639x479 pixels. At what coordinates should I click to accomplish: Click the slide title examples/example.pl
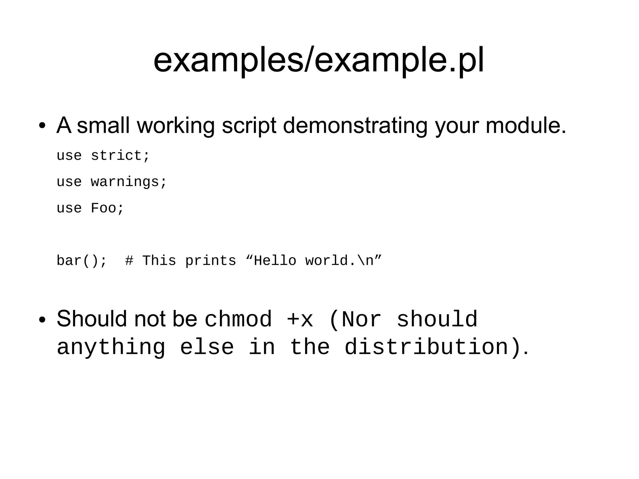pos(319,60)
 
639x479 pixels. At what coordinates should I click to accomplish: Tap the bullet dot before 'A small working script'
pos(42,126)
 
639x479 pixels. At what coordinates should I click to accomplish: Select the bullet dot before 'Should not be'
pos(42,320)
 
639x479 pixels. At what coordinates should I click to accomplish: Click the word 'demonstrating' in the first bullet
pos(355,125)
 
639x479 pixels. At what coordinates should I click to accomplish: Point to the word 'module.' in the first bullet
pos(526,125)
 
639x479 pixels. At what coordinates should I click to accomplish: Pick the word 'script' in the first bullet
pos(249,125)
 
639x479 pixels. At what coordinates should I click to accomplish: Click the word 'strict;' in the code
pos(120,155)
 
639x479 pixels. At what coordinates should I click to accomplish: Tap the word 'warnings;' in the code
pos(129,182)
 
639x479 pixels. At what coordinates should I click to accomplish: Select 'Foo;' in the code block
pos(107,208)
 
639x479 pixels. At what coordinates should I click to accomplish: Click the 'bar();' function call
pos(82,261)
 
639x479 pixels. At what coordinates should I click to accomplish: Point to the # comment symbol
pos(129,261)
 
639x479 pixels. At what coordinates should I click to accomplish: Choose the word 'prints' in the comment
pos(211,261)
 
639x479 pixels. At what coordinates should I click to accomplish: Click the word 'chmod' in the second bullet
pos(238,319)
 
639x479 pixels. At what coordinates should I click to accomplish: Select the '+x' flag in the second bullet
pos(300,319)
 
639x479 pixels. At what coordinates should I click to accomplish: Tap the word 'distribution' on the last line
pos(427,347)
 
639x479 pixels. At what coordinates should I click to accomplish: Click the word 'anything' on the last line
pos(111,347)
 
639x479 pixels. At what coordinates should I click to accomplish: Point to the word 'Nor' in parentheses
pos(361,319)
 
